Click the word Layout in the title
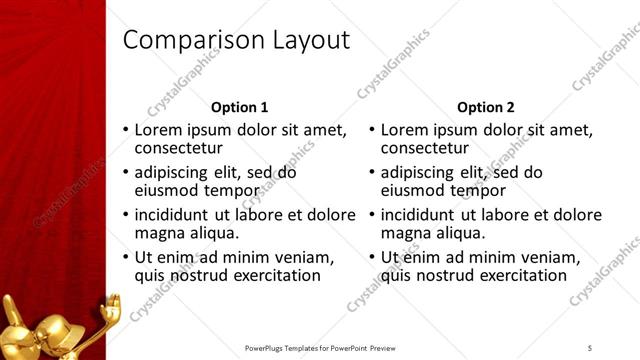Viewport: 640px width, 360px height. point(311,40)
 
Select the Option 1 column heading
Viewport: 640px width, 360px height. point(240,106)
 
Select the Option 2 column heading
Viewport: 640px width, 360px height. point(485,106)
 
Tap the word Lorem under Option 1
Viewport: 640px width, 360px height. point(158,130)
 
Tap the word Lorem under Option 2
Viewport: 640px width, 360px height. point(404,130)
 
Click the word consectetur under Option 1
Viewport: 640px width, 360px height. point(184,148)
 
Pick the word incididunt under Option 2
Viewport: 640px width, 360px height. point(418,214)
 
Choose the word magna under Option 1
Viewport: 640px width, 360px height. point(158,233)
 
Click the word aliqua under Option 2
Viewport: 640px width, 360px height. point(457,233)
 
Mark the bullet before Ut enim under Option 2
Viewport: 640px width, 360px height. point(372,257)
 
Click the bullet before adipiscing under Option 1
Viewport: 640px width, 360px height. point(126,172)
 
